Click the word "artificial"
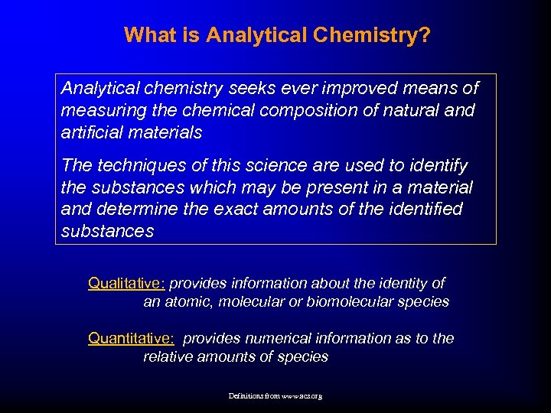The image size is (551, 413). (x=91, y=133)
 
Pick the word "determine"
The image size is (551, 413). (x=133, y=210)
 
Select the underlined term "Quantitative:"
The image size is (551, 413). (x=131, y=339)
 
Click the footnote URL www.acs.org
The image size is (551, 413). (x=302, y=397)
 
